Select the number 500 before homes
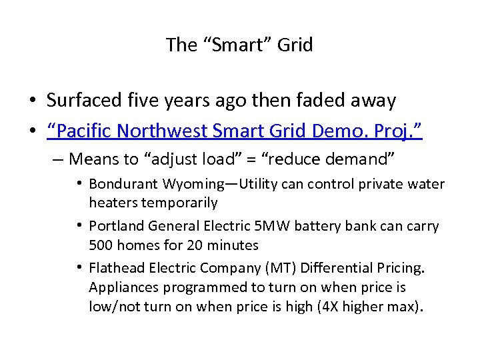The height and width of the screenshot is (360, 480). click(x=101, y=245)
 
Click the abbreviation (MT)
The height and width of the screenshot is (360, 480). click(x=273, y=269)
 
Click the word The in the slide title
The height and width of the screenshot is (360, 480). click(x=181, y=45)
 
